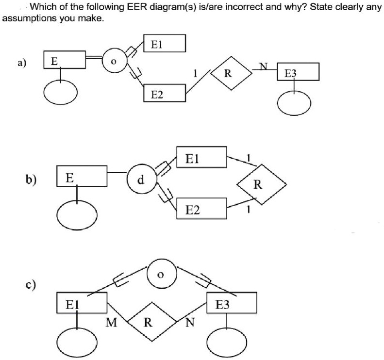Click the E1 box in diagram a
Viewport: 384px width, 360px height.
click(165, 43)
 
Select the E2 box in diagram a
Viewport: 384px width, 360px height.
click(165, 93)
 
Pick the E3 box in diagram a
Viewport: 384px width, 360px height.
click(298, 72)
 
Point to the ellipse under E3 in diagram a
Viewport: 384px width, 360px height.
click(294, 104)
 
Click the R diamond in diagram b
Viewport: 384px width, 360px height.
click(259, 184)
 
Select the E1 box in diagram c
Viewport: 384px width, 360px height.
click(82, 303)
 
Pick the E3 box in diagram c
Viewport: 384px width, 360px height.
click(231, 303)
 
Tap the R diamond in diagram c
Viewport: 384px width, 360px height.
click(150, 321)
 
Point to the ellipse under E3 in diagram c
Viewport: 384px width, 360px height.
click(229, 340)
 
